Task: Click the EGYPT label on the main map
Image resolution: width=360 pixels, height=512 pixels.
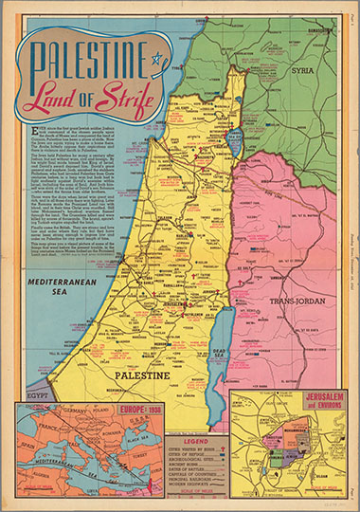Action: pos(34,391)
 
